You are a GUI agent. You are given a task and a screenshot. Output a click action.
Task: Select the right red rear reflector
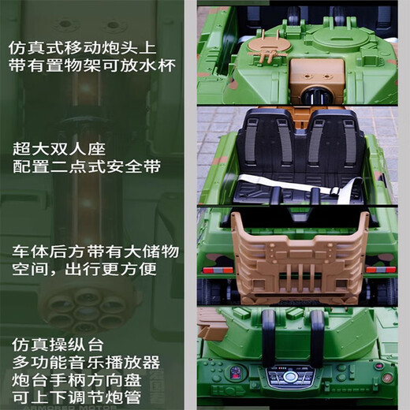[x=381, y=270]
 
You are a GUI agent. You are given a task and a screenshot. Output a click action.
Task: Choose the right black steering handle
[x=316, y=339]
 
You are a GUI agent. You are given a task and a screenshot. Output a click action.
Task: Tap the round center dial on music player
[x=294, y=377]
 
